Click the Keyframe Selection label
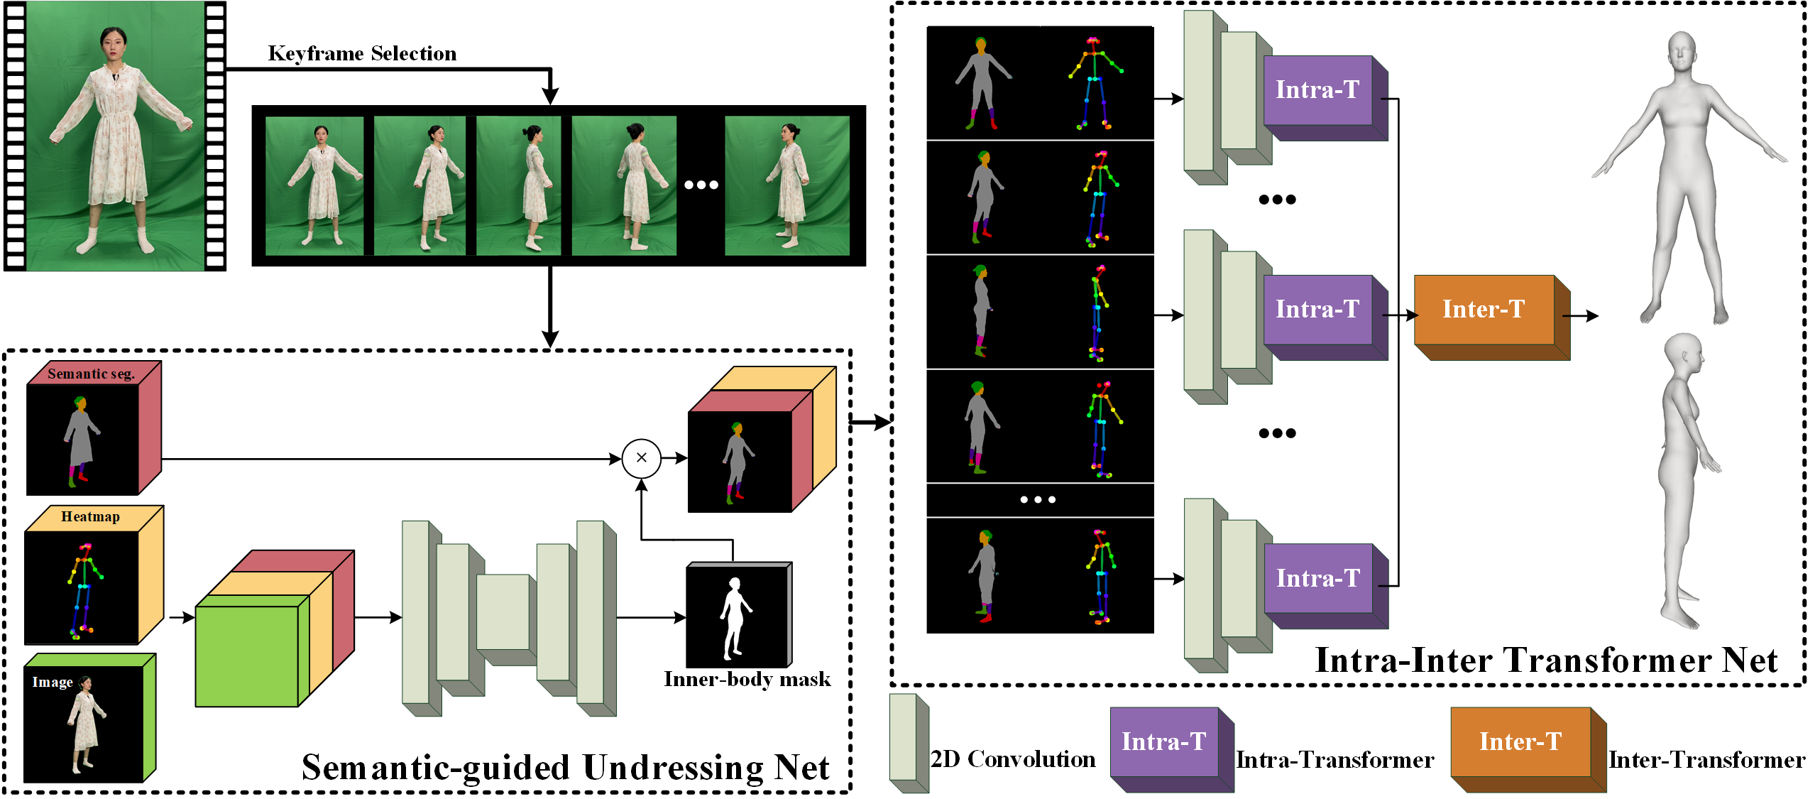pos(362,54)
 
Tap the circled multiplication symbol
pos(641,458)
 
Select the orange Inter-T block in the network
pos(1484,310)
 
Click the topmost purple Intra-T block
pos(1317,90)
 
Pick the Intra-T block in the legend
pos(1163,742)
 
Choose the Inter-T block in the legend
pos(1520,742)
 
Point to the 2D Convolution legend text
pos(1013,759)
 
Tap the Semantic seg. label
pos(91,374)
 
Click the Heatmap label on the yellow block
pos(90,517)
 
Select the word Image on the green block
pos(53,683)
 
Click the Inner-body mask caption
pos(747,680)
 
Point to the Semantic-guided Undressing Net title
pos(565,768)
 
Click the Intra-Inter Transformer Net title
pos(1546,661)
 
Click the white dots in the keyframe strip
pos(701,185)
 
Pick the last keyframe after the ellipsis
pos(786,185)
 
